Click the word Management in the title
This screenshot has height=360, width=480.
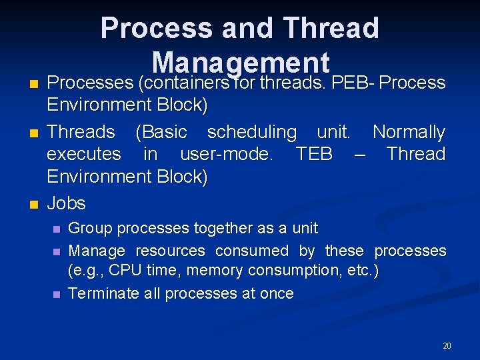tap(241, 63)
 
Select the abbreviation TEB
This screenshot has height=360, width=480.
tap(313, 154)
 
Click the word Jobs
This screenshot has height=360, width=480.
tap(66, 203)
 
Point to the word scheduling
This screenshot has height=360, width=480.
tap(252, 132)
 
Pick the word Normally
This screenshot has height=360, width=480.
tap(409, 132)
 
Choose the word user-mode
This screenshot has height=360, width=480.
tap(223, 154)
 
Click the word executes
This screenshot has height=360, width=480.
tap(83, 154)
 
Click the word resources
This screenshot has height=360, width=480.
tap(170, 251)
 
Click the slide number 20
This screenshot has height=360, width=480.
tap(447, 345)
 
